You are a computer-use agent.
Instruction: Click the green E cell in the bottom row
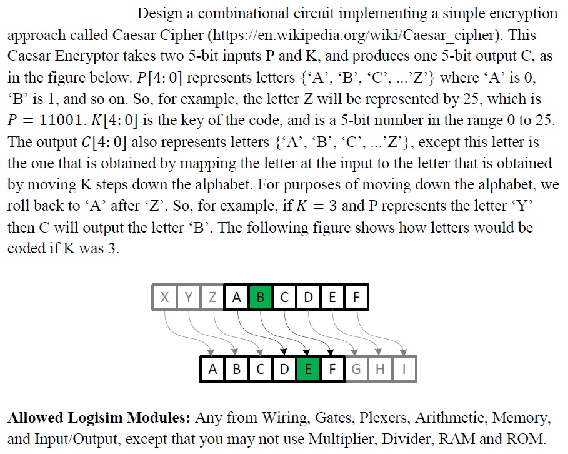(x=308, y=369)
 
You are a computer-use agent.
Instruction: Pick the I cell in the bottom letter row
(x=404, y=369)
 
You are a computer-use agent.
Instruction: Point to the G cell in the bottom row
(x=356, y=369)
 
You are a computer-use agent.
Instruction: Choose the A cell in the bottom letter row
(x=213, y=369)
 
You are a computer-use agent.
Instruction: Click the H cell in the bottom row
(x=380, y=369)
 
